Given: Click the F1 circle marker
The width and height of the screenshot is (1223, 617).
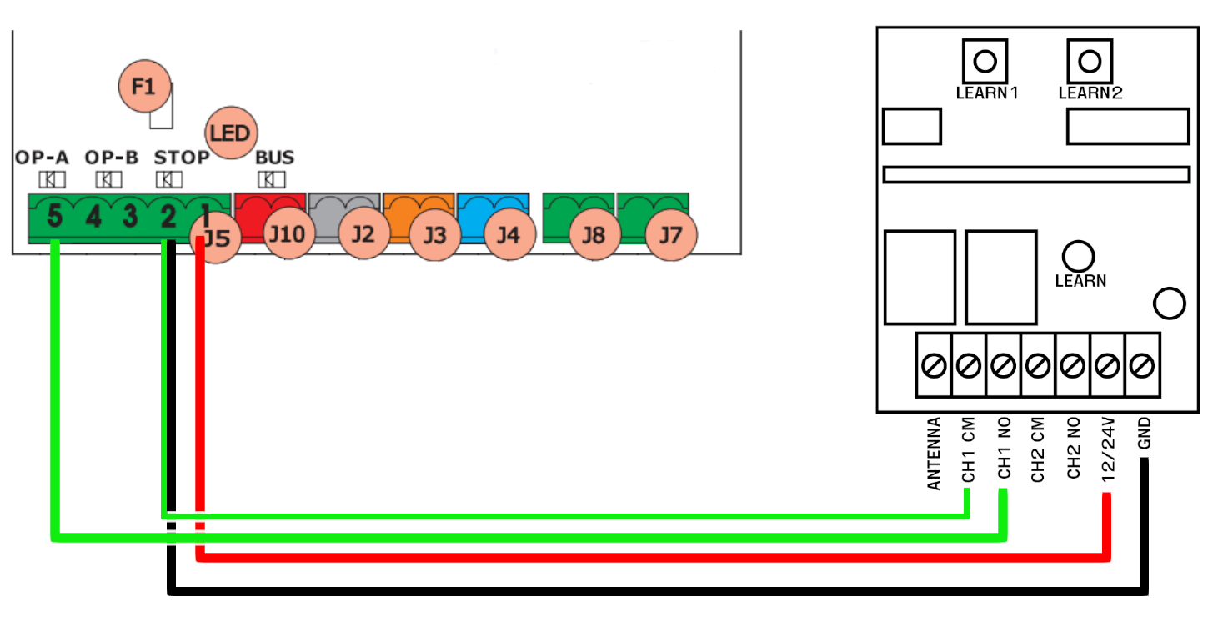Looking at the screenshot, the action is (x=145, y=86).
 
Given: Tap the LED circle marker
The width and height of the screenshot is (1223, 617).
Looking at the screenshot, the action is (x=231, y=133).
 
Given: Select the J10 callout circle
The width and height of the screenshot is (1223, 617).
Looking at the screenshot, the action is (x=288, y=233).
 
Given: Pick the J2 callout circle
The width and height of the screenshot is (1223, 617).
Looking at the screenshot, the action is (x=363, y=233).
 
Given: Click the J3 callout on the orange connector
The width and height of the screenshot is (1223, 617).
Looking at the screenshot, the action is (x=435, y=235).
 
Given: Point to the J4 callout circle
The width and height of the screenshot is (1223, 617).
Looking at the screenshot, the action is (x=509, y=234).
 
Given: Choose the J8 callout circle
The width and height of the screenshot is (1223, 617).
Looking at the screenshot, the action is (x=594, y=235).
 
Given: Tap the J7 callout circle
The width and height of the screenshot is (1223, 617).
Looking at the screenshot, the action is (x=671, y=235).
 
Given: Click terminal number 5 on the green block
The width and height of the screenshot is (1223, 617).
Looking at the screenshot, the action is (x=54, y=216).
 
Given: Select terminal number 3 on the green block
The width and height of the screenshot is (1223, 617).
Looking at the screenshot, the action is (x=130, y=216).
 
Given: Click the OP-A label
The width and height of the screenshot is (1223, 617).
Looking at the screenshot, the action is (x=42, y=158).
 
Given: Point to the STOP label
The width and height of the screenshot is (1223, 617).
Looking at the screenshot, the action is (x=181, y=158).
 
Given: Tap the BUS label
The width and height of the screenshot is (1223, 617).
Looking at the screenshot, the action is (x=274, y=158).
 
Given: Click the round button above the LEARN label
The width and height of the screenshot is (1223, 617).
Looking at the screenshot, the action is (x=1078, y=256).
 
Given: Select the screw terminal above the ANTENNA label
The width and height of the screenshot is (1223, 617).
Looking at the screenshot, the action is (x=934, y=365).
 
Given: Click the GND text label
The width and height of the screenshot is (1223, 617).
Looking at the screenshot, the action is (x=1145, y=433).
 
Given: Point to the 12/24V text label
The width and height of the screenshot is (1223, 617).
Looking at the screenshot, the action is (x=1108, y=449).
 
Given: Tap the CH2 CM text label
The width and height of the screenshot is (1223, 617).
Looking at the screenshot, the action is (x=1037, y=449).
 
